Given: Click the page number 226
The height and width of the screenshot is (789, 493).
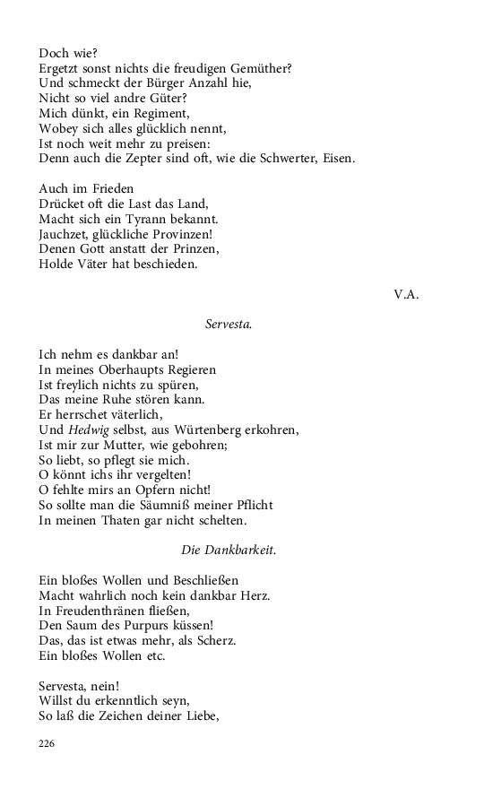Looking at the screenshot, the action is coord(48,743).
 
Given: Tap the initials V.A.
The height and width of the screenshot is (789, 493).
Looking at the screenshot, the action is coord(407,294).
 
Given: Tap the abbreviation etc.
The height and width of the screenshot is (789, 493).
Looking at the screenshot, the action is coord(155,655).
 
